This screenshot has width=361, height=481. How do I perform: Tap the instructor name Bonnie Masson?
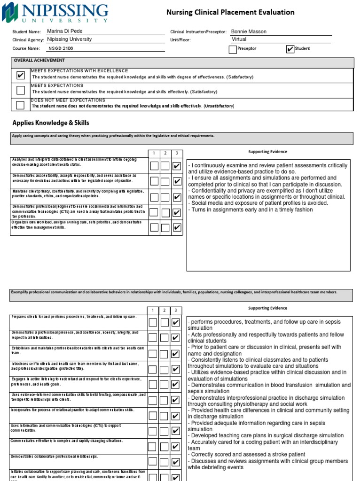249,31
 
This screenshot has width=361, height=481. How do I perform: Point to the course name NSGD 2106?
61,48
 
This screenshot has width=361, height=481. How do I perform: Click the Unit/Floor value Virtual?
239,39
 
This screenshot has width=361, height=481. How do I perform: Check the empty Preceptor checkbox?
233,49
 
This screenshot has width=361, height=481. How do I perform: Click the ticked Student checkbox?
290,49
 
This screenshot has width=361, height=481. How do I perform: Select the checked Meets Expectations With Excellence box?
20,75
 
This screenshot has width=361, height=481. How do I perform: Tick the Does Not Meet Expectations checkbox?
20,105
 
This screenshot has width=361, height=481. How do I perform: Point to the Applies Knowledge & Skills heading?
51,123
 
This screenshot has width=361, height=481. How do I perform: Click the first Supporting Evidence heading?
267,152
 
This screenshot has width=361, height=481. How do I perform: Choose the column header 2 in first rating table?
165,153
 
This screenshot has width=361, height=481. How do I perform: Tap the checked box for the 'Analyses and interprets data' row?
177,166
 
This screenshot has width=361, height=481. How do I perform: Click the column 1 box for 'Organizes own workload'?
154,228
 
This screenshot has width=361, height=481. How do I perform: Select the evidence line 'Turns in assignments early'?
251,210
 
